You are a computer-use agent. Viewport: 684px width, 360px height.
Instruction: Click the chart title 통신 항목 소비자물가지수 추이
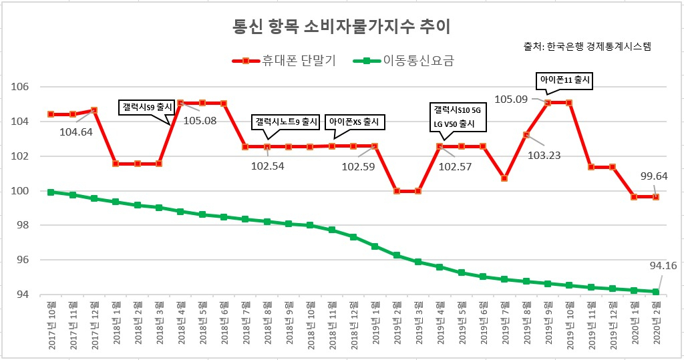click(341, 27)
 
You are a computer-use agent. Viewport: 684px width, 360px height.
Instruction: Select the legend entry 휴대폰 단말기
click(284, 61)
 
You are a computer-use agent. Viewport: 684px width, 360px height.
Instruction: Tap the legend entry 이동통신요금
click(404, 61)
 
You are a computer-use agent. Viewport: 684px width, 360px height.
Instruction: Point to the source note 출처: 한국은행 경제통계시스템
click(587, 46)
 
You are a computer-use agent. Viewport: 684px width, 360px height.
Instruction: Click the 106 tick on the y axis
click(19, 87)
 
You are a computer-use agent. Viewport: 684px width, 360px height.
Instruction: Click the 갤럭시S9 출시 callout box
click(146, 108)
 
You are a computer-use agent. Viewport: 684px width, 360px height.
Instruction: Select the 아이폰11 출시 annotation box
click(564, 80)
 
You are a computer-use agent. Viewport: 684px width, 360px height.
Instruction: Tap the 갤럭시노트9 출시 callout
click(286, 122)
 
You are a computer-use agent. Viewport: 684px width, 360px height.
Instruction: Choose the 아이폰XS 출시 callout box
click(354, 122)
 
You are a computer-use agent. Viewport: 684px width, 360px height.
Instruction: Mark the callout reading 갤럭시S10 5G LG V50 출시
click(457, 117)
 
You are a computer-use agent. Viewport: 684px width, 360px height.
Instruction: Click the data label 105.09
click(511, 100)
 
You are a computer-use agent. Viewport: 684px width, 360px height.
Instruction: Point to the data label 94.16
click(663, 265)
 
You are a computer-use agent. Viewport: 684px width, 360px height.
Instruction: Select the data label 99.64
click(654, 176)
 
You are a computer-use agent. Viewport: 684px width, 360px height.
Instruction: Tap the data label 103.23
click(544, 156)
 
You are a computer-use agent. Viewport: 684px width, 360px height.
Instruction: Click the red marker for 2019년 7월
click(504, 178)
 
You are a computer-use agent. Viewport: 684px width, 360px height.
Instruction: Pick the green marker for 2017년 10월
click(51, 192)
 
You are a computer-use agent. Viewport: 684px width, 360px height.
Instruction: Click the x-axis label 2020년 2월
click(657, 323)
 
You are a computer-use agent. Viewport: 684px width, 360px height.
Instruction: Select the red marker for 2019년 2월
click(397, 191)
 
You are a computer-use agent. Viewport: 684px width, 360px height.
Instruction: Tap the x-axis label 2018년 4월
click(180, 323)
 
